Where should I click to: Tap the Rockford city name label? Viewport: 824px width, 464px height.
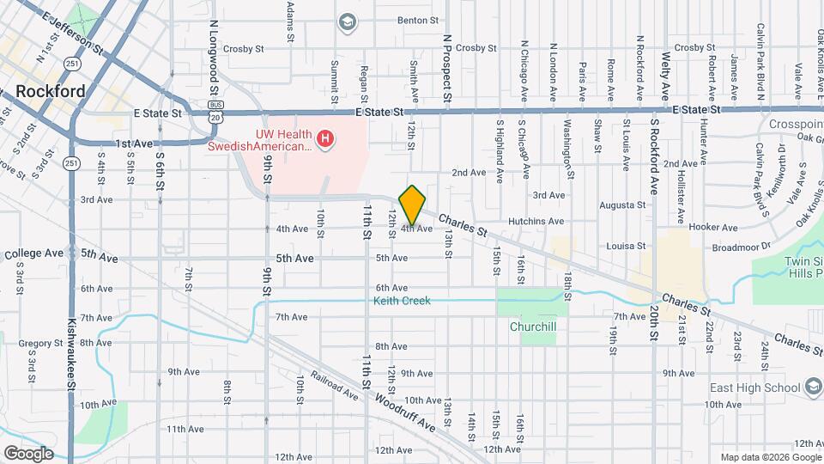click(x=51, y=91)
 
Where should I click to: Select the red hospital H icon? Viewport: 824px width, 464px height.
click(x=324, y=137)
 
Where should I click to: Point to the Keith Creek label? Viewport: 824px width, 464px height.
click(x=402, y=301)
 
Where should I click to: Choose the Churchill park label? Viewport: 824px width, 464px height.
click(x=533, y=327)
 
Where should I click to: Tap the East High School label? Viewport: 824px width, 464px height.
click(x=754, y=388)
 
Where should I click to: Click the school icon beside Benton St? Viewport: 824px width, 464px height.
click(x=348, y=21)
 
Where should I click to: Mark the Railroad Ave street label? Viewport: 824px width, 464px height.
click(x=335, y=386)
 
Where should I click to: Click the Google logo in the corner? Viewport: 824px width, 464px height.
click(x=28, y=453)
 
